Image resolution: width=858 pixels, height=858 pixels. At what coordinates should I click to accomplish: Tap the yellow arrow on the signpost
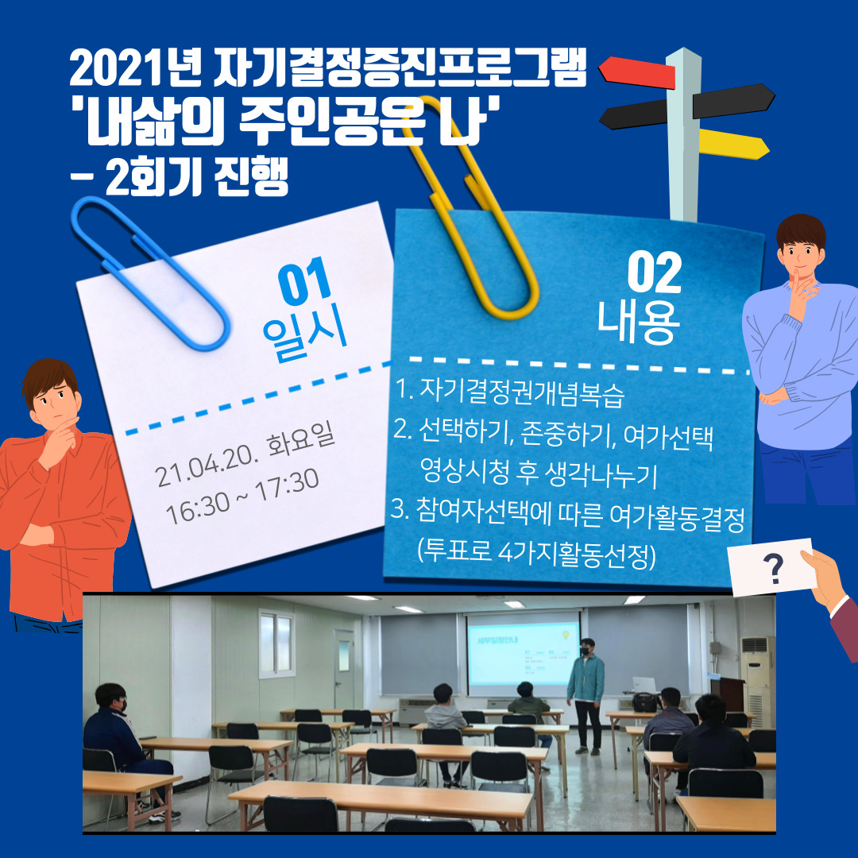pyautogui.click(x=733, y=144)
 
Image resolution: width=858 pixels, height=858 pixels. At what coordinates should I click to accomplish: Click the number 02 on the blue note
pyautogui.click(x=655, y=272)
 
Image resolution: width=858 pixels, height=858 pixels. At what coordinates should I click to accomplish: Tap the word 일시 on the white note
pyautogui.click(x=305, y=333)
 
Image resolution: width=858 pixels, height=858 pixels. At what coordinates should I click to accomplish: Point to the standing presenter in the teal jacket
pyautogui.click(x=586, y=695)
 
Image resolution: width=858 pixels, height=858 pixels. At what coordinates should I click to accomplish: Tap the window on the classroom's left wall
pyautogui.click(x=276, y=643)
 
